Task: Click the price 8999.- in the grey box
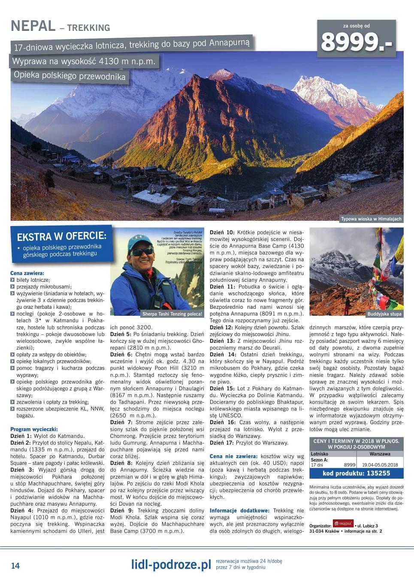pos(356,42)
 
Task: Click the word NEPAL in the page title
pos(33,27)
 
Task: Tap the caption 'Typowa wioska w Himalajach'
pos(371,219)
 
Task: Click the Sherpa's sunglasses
pos(142,251)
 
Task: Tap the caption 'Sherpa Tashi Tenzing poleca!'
pos(172,314)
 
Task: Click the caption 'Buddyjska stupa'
pos(384,314)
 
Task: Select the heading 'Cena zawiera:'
pos(27,273)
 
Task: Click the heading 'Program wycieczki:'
pos(34,429)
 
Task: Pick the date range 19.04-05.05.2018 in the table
pos(380,464)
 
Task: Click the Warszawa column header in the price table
pos(380,453)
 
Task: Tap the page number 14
pos(15,566)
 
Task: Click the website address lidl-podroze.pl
pos(171,565)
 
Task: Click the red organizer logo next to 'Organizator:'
pos(346,524)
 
